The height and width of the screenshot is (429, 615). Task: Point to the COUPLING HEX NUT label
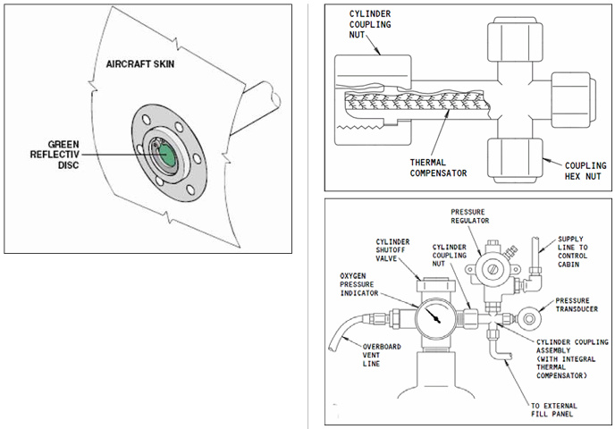[586, 172]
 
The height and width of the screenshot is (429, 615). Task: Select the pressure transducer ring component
[533, 315]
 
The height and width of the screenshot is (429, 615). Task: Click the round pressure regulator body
[491, 266]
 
